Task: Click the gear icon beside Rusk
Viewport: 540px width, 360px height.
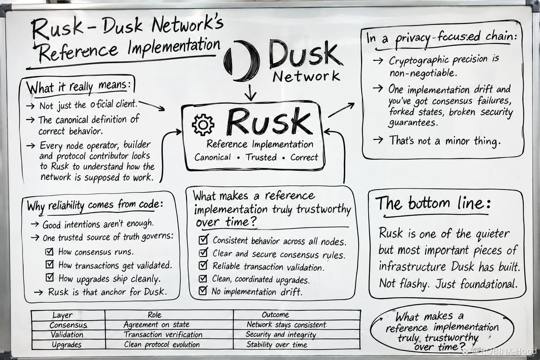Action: point(203,125)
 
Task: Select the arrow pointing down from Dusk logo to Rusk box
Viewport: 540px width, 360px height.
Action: point(250,92)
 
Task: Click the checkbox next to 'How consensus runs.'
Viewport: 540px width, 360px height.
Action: point(49,251)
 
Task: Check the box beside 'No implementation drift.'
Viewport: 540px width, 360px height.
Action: point(203,290)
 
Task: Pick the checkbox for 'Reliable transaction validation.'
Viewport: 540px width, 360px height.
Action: point(203,265)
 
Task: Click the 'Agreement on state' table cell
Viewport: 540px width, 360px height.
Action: point(156,324)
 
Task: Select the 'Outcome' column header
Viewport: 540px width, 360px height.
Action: point(275,315)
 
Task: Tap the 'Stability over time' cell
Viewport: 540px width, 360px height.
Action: point(277,344)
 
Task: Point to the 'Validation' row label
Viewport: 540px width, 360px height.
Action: point(67,335)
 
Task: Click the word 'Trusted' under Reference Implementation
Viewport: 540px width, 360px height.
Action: point(261,157)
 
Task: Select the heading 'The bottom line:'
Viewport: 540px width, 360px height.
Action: point(433,203)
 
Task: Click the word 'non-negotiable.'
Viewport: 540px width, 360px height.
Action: point(423,73)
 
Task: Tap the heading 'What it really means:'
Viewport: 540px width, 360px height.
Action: point(79,87)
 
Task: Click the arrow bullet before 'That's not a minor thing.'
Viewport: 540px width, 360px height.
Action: point(378,140)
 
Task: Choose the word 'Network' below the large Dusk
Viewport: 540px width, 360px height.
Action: point(306,76)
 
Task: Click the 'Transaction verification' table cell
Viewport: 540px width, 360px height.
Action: point(163,334)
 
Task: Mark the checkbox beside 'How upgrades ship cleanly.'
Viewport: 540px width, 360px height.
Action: point(50,277)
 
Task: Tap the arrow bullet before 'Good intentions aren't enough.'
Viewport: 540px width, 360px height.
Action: point(35,224)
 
